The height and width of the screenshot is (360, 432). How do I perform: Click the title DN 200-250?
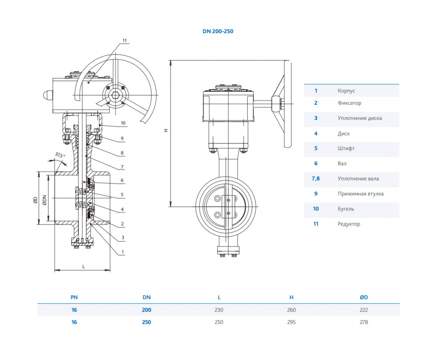(x=218, y=31)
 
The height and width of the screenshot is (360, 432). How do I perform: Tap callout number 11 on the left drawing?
(x=125, y=41)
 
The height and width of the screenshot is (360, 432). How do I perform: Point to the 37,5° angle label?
(x=60, y=155)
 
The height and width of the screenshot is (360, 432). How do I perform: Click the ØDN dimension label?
(x=45, y=200)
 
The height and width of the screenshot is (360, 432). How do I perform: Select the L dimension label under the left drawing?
(x=83, y=266)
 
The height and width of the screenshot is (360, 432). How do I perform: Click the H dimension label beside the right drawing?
(x=166, y=130)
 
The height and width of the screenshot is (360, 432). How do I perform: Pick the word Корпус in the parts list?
(x=346, y=91)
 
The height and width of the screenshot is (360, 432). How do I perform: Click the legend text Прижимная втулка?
(x=361, y=193)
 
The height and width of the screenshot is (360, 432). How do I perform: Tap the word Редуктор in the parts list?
(x=349, y=224)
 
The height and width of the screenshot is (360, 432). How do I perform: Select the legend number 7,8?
(x=316, y=179)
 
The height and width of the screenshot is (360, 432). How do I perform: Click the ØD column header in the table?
(x=364, y=297)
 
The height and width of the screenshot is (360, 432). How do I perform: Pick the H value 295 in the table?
(x=291, y=322)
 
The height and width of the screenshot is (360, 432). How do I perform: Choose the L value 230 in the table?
(x=219, y=310)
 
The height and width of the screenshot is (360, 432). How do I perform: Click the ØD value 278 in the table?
(x=364, y=322)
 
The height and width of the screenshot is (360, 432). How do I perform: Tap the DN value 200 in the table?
(x=147, y=310)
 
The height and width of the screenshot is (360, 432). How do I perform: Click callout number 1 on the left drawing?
(x=122, y=252)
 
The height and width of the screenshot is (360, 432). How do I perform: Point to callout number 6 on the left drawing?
(x=122, y=180)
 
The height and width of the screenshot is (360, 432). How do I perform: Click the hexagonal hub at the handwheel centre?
(x=115, y=95)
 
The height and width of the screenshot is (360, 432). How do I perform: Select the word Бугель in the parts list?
(x=346, y=209)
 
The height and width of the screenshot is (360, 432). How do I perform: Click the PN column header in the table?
(x=74, y=297)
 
